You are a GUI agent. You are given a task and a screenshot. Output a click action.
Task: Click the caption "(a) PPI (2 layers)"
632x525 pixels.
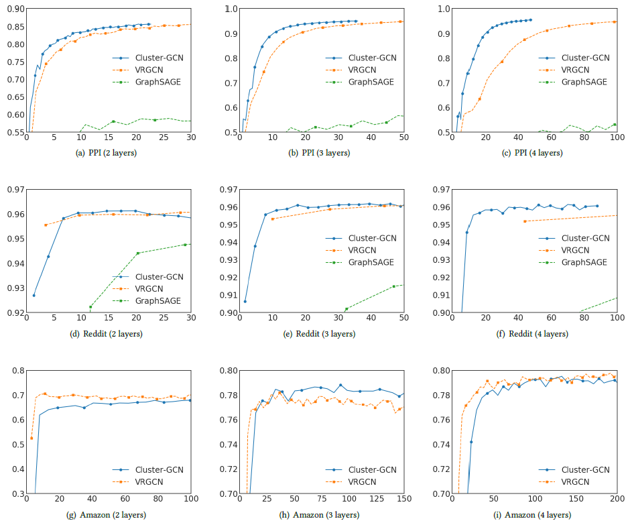pyautogui.click(x=108, y=153)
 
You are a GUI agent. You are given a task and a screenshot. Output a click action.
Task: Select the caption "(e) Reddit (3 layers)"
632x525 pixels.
pyautogui.click(x=321, y=333)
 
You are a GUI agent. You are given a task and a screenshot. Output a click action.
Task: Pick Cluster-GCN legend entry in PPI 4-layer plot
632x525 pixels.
pyautogui.click(x=585, y=58)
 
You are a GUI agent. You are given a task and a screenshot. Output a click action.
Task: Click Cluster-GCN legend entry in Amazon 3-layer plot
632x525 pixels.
pyautogui.click(x=371, y=469)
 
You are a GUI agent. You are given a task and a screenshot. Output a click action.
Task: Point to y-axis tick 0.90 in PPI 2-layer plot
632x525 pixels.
pyautogui.click(x=15, y=9)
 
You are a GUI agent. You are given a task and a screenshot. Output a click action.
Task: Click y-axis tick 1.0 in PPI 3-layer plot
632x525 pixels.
pyautogui.click(x=231, y=9)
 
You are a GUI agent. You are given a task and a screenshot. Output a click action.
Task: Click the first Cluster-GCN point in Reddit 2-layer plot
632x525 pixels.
pyautogui.click(x=34, y=295)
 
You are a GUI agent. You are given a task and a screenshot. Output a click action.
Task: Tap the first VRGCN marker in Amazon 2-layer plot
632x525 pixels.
pyautogui.click(x=31, y=438)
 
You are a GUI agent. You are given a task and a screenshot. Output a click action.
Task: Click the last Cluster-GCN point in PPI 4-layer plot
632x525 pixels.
pyautogui.click(x=531, y=19)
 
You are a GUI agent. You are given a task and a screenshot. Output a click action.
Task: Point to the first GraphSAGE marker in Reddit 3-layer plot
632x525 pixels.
pyautogui.click(x=346, y=309)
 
